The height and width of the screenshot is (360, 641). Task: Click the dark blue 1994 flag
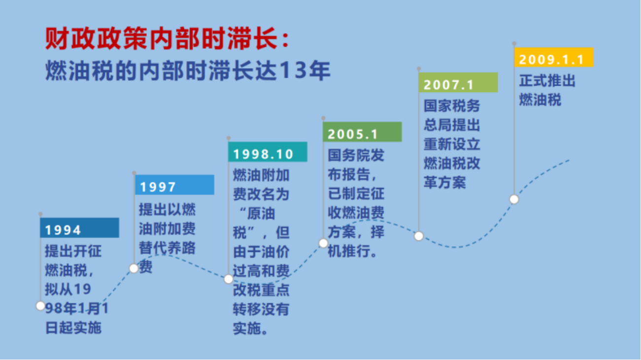(x=79, y=228)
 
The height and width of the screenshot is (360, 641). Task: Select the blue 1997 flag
(x=174, y=185)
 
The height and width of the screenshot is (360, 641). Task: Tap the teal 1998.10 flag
(x=268, y=152)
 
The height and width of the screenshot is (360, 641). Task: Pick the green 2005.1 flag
(x=362, y=132)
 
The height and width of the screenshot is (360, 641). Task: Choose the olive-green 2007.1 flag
(x=458, y=83)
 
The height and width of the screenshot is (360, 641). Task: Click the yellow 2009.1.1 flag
(x=554, y=58)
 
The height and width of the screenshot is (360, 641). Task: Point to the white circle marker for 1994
(x=40, y=306)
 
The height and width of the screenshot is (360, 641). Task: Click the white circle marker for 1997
(x=134, y=268)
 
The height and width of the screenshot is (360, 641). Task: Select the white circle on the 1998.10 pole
(x=228, y=279)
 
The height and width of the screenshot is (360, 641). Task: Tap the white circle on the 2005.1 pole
(x=323, y=243)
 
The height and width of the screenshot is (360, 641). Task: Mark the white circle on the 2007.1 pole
(x=419, y=236)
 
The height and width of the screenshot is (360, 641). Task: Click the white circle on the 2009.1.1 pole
(x=514, y=199)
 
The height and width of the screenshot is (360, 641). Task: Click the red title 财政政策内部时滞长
(x=162, y=38)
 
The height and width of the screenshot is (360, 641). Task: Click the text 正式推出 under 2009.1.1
(x=547, y=81)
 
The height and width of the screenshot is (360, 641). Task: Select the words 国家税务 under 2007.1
(x=452, y=106)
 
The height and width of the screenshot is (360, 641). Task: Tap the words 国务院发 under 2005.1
(x=356, y=155)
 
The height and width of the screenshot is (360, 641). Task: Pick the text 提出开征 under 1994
(x=73, y=251)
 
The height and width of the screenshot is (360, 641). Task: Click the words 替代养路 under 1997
(x=167, y=248)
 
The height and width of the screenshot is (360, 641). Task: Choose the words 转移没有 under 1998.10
(x=261, y=309)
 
